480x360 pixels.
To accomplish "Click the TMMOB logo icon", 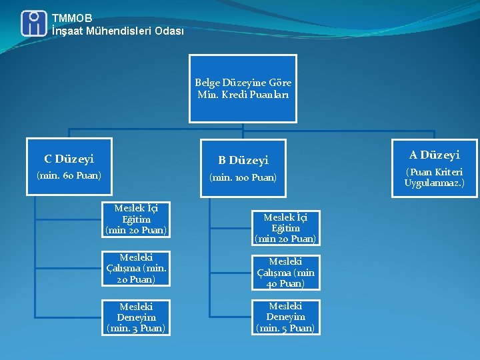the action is (34, 23).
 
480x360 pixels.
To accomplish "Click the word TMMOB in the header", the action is (72, 18).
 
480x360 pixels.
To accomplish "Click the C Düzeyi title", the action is (69, 159).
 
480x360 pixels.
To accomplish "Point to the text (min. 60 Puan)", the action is (69, 175).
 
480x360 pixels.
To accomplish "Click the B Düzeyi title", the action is (243, 160).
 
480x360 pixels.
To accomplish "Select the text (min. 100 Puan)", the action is (243, 178).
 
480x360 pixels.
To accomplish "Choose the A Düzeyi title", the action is (434, 155).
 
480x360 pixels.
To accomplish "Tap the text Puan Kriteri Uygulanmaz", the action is (434, 177).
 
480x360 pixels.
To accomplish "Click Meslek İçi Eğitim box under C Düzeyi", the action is (136, 219).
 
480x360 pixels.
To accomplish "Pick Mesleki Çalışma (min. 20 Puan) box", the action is (136, 268).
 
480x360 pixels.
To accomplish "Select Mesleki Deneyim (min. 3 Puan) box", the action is (136, 317).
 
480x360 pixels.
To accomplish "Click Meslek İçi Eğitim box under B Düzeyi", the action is (285, 228).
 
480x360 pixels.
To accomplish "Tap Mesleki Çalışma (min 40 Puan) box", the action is (285, 273).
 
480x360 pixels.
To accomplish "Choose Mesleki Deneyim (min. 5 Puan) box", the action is (285, 317).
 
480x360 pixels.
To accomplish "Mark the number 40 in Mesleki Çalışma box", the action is (275, 283).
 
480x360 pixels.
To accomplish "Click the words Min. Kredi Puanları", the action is (243, 95).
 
